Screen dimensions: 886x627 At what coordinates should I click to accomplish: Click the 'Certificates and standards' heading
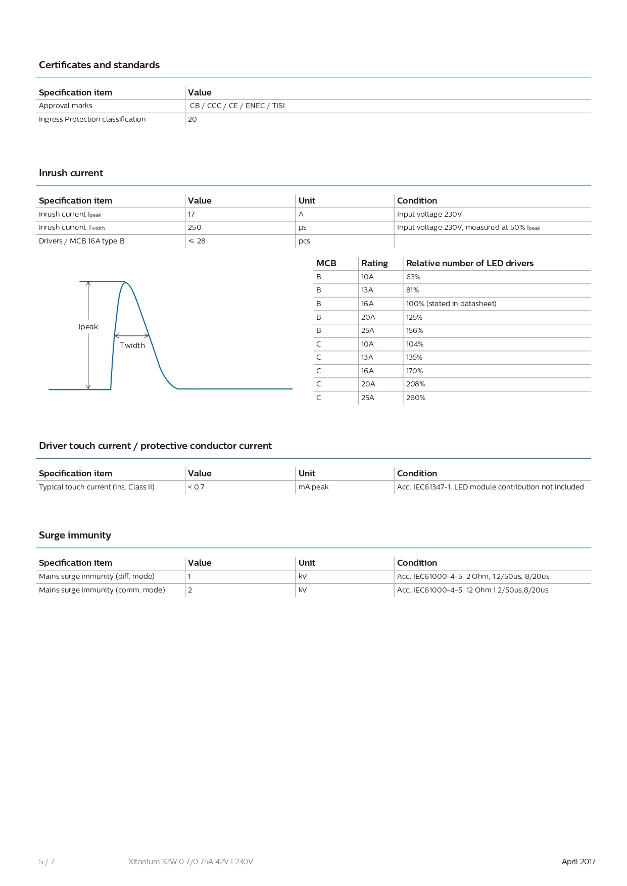pos(99,65)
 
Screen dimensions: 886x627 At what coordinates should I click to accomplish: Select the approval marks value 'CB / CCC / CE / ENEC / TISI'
pos(237,106)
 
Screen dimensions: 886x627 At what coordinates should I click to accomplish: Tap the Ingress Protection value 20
pos(192,119)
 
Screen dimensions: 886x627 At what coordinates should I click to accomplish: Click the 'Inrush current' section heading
pos(71,173)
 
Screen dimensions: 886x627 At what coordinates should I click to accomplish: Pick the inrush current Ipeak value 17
pos(191,214)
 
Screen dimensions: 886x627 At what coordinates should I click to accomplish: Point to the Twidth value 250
pos(195,227)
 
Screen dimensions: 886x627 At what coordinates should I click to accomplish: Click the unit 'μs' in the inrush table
pos(303,228)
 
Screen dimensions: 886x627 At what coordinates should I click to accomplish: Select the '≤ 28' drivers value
pos(197,241)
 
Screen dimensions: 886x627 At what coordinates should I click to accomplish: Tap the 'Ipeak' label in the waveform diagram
pos(88,327)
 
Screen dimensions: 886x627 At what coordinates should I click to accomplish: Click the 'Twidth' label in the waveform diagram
pos(132,346)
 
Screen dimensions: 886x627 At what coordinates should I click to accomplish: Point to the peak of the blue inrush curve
pos(125,283)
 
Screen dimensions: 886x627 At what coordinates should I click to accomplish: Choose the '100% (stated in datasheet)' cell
pos(451,304)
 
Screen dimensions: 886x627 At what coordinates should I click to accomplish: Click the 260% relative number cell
pos(416,398)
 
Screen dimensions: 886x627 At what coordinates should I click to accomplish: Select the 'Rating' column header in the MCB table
pos(374,263)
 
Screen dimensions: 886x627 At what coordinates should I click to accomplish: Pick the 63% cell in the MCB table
pos(413,277)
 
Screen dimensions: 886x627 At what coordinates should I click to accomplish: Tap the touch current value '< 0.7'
pos(196,487)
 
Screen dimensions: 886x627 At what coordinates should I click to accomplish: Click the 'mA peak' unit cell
pos(313,487)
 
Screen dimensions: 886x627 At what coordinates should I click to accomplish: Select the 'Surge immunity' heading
pos(75,535)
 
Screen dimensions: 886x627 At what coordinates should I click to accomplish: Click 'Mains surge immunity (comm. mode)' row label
pos(102,590)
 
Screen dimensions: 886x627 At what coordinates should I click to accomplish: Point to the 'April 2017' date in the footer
pos(578,861)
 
